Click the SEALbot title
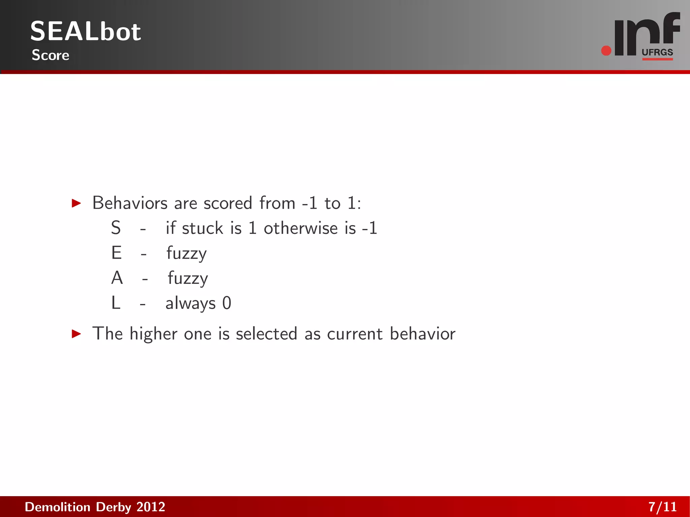coord(86,31)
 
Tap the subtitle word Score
coord(51,55)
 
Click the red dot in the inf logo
coord(606,51)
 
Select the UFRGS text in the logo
coord(657,52)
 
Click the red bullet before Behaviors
coord(76,203)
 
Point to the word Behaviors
coord(130,203)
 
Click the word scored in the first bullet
coord(228,203)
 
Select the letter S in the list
coord(116,228)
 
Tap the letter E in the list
coord(117,253)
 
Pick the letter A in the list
coord(117,278)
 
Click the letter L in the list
coord(116,303)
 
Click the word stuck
coord(202,228)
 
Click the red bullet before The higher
coord(76,334)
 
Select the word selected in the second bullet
coord(266,334)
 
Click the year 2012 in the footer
coord(151,507)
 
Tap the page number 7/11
coord(662,507)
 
